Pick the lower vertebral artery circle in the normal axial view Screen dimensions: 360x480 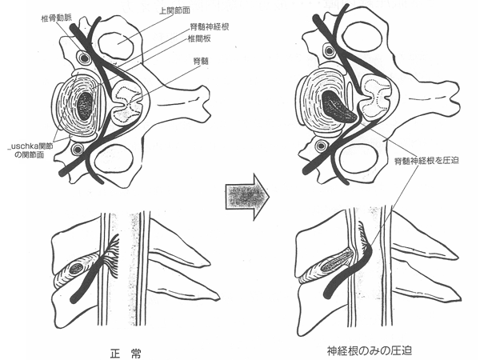tap(77, 149)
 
